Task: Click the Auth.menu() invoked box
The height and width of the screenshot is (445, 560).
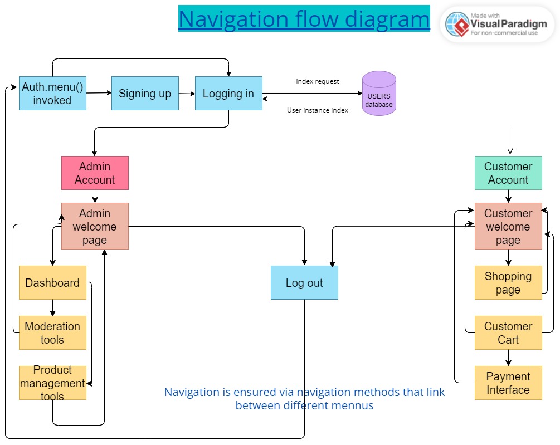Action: click(52, 93)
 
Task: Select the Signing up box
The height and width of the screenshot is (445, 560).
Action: click(145, 93)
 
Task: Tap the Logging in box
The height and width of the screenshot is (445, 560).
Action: click(228, 93)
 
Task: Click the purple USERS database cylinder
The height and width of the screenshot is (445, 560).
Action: click(379, 94)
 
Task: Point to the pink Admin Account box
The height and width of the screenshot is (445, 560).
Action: click(95, 173)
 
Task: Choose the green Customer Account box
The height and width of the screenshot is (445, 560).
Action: click(508, 173)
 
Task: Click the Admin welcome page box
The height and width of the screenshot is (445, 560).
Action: click(95, 226)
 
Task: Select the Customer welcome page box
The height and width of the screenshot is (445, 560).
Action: click(508, 226)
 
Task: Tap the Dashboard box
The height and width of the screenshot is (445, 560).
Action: click(52, 282)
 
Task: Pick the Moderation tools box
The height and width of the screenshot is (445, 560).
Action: click(52, 332)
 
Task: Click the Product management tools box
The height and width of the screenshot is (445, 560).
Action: click(52, 383)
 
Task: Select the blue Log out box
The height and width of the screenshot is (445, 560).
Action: click(304, 282)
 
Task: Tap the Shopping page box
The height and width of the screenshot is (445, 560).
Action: click(508, 282)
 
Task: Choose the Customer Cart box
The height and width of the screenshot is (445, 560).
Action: click(508, 332)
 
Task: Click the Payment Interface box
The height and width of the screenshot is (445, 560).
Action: click(508, 383)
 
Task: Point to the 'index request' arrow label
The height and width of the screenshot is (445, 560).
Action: click(318, 81)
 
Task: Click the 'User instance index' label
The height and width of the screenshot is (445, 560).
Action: click(318, 110)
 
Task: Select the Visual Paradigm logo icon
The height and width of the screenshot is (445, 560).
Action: click(457, 24)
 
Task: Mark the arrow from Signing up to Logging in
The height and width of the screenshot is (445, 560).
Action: click(187, 94)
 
